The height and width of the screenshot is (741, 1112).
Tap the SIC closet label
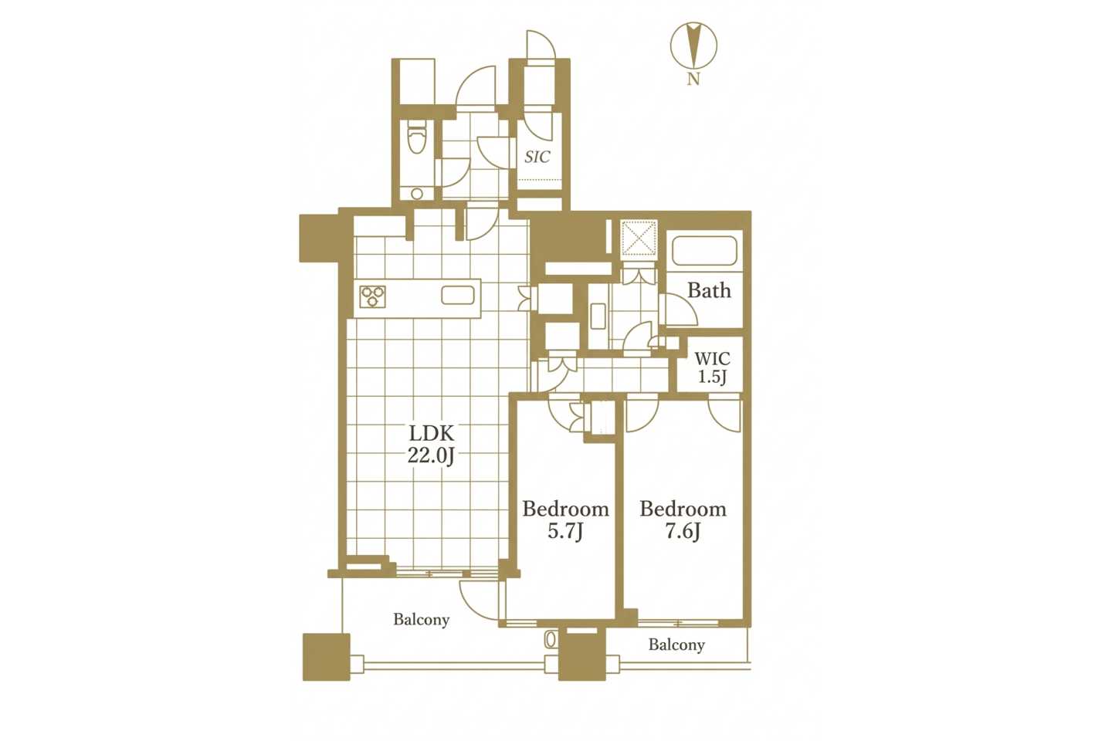click(x=537, y=157)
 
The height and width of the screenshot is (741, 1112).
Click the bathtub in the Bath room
click(x=703, y=251)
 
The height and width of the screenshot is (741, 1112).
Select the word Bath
click(x=709, y=290)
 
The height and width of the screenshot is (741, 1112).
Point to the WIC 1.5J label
click(x=712, y=367)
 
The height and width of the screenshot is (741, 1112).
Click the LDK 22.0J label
click(x=431, y=444)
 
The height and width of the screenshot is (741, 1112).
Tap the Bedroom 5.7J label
click(x=565, y=519)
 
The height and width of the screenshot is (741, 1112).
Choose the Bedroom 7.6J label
click(x=683, y=519)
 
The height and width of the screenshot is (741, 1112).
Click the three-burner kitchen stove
click(x=372, y=296)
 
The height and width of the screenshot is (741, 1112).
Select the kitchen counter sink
click(x=458, y=296)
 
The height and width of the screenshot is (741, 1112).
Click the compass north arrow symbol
click(x=693, y=46)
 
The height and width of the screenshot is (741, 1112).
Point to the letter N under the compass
click(x=693, y=80)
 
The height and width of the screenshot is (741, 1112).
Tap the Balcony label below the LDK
click(x=422, y=619)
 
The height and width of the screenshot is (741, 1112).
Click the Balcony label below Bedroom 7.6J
click(x=676, y=645)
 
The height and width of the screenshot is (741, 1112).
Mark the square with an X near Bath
click(x=639, y=239)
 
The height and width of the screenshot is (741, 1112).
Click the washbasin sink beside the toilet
click(x=417, y=194)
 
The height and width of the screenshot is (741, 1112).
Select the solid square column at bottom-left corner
click(x=326, y=657)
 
